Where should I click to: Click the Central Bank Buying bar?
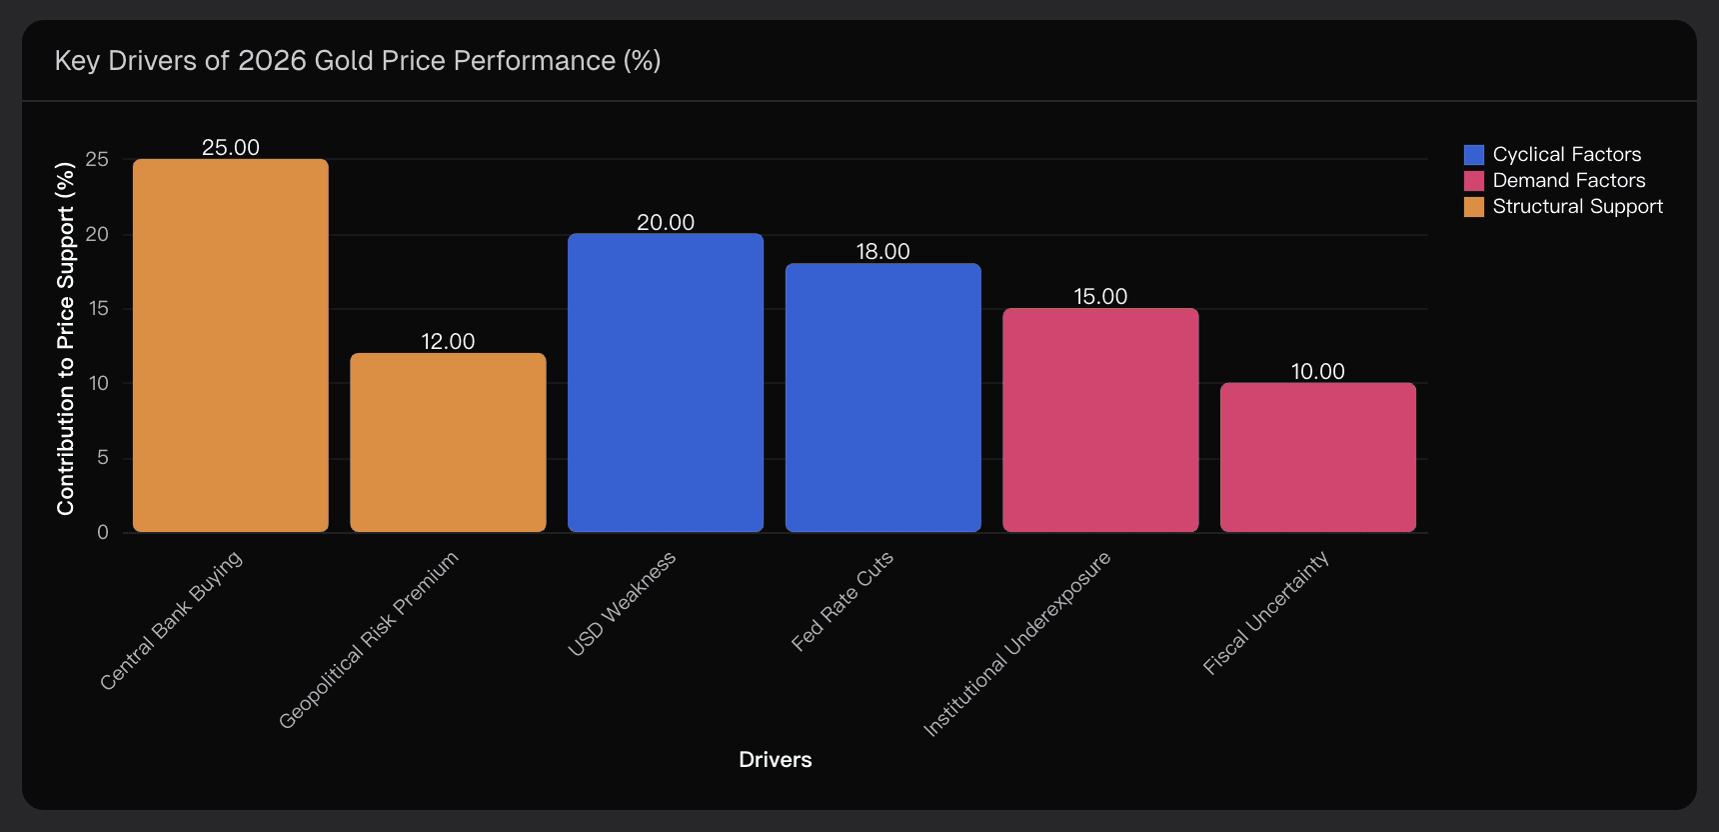pyautogui.click(x=230, y=345)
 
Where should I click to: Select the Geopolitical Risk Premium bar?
pyautogui.click(x=448, y=442)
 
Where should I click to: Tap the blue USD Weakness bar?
pyautogui.click(x=666, y=382)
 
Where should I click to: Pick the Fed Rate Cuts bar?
pyautogui.click(x=882, y=397)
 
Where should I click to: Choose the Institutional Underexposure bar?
pyautogui.click(x=1100, y=420)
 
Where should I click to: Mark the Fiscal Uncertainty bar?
pyautogui.click(x=1317, y=457)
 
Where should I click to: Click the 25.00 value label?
pyautogui.click(x=231, y=148)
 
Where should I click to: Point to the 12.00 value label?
pyautogui.click(x=448, y=342)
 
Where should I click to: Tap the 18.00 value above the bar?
pyautogui.click(x=882, y=252)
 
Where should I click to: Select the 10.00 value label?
pyautogui.click(x=1317, y=372)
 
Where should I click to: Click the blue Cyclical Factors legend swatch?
pyautogui.click(x=1473, y=155)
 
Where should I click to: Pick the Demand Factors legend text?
pyautogui.click(x=1568, y=181)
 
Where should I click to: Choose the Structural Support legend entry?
pyautogui.click(x=1577, y=207)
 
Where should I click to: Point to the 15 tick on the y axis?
pyautogui.click(x=99, y=309)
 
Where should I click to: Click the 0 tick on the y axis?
pyautogui.click(x=103, y=533)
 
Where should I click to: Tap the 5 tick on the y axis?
pyautogui.click(x=103, y=458)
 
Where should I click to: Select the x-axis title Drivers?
pyautogui.click(x=775, y=760)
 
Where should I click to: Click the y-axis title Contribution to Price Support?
pyautogui.click(x=66, y=339)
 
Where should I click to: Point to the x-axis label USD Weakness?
pyautogui.click(x=623, y=603)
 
